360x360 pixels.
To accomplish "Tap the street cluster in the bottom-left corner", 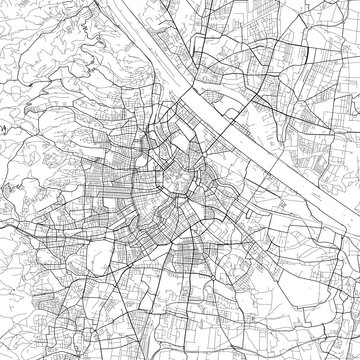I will (30, 330).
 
